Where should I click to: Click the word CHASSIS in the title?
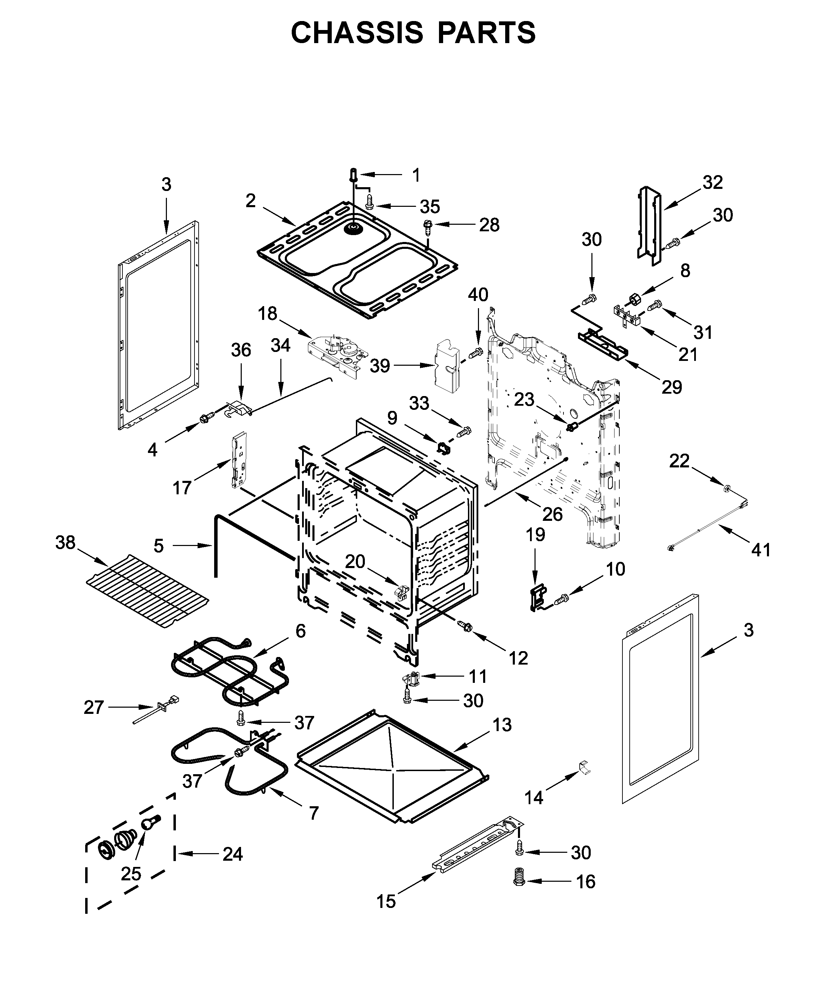357,33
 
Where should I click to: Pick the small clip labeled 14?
584,767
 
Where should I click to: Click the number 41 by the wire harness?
761,550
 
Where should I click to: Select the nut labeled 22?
727,487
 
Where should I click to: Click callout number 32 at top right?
712,183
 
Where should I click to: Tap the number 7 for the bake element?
313,813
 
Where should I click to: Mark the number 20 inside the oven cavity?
355,562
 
